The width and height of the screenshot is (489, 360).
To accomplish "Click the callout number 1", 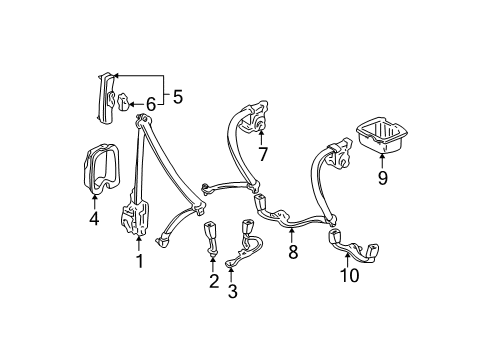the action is point(139,263).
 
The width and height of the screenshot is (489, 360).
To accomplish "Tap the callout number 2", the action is point(214,282).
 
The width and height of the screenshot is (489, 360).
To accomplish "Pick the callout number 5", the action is point(178,98).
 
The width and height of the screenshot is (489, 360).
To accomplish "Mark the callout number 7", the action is point(263,155).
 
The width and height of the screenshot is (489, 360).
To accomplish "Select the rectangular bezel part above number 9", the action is point(380,136).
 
